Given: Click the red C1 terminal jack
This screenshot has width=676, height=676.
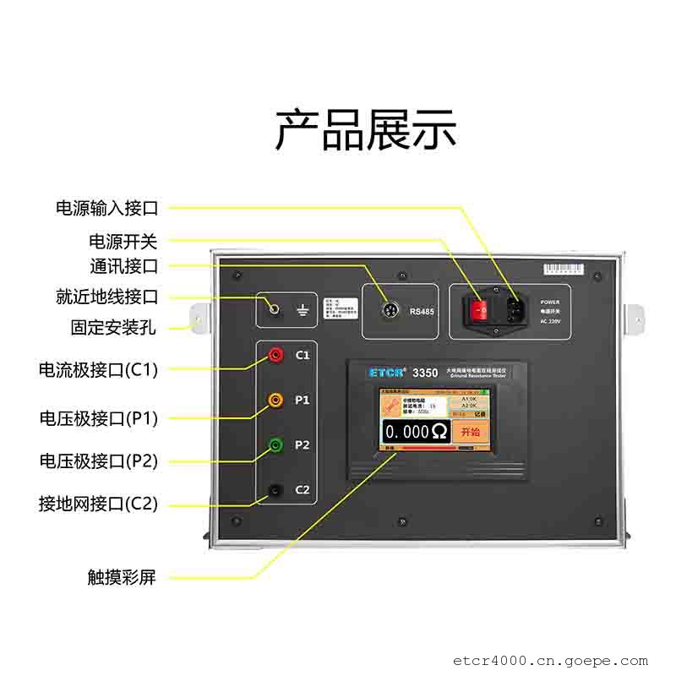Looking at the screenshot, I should [275, 356].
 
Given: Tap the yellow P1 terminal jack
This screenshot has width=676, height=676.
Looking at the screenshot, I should [275, 399].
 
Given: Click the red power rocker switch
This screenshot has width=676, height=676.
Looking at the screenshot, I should [481, 311].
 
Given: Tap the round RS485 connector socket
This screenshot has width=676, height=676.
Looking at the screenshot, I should [388, 310].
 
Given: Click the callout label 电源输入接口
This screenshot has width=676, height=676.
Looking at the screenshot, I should [106, 208].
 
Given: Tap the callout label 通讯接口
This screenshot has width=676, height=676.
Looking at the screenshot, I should [123, 267].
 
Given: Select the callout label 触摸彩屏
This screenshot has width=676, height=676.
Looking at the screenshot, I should [122, 578].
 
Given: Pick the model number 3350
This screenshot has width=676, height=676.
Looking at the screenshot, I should [424, 372].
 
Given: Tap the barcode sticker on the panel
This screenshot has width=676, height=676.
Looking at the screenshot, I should [564, 270].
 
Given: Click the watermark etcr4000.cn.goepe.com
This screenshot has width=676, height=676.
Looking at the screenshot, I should [550, 661].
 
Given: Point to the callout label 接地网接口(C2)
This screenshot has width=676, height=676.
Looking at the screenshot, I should [98, 504].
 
